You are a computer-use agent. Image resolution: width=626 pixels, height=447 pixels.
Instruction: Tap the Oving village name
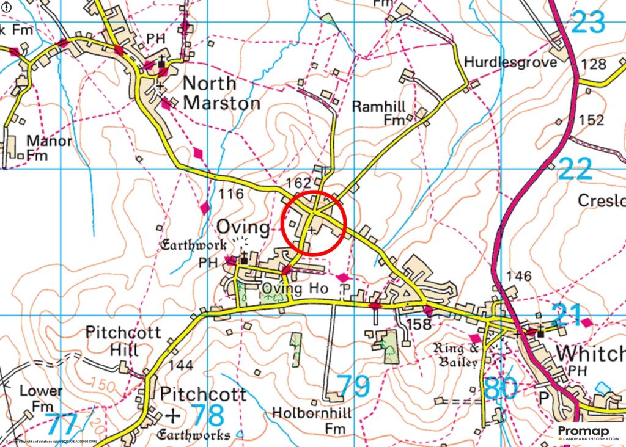coord(243,228)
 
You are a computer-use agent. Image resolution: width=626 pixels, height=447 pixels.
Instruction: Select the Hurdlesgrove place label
coord(510,62)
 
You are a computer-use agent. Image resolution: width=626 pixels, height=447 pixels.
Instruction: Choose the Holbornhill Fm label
coord(312,421)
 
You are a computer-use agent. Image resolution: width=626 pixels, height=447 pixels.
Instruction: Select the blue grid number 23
coord(588,23)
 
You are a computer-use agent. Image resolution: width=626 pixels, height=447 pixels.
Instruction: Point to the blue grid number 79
coord(354,386)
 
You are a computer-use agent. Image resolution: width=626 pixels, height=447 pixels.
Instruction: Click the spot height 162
coord(299,183)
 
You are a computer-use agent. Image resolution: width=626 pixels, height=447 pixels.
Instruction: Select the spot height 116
coord(231,195)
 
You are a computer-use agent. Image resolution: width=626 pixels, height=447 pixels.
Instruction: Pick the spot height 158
coord(419,324)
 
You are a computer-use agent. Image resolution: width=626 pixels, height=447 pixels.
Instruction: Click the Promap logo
coord(587,433)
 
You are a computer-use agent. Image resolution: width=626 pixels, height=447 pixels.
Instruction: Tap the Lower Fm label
coord(41,398)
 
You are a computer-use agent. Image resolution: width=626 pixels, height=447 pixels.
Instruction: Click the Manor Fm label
coord(49,148)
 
